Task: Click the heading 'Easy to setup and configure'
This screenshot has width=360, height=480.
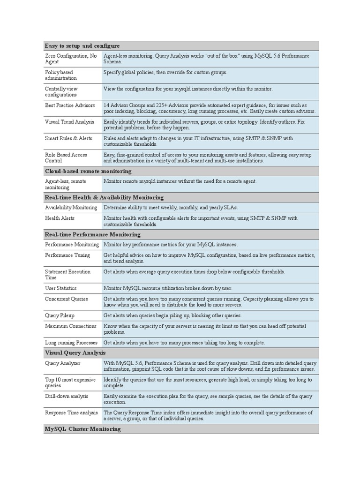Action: (x=82, y=46)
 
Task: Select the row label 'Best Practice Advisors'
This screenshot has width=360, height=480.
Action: (x=70, y=105)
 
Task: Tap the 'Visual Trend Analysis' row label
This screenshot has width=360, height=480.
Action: (x=69, y=122)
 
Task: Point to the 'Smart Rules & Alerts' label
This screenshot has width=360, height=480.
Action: (x=68, y=138)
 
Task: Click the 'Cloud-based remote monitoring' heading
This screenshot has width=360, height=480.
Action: (x=88, y=172)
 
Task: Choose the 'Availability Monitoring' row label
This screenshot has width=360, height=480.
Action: (x=71, y=208)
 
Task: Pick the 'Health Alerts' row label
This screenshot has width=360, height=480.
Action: (x=60, y=218)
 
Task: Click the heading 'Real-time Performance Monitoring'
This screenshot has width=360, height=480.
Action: (x=92, y=234)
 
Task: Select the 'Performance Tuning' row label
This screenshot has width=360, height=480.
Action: (x=67, y=255)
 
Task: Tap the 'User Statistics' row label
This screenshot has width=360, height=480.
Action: (x=60, y=288)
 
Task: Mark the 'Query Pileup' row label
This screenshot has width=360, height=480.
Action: (x=60, y=315)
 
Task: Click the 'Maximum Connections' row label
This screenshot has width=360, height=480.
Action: (x=70, y=326)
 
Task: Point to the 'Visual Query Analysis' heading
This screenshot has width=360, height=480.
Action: (x=75, y=352)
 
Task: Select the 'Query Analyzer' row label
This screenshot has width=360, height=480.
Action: (x=62, y=363)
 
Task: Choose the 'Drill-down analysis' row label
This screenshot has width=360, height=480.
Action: (x=67, y=396)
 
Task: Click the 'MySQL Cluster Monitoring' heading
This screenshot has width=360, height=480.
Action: (x=82, y=429)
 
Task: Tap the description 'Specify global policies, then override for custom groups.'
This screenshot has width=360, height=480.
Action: (x=165, y=73)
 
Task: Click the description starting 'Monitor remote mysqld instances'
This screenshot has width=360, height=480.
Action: (x=180, y=181)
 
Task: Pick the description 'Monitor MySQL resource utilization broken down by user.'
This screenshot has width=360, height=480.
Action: (x=167, y=288)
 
